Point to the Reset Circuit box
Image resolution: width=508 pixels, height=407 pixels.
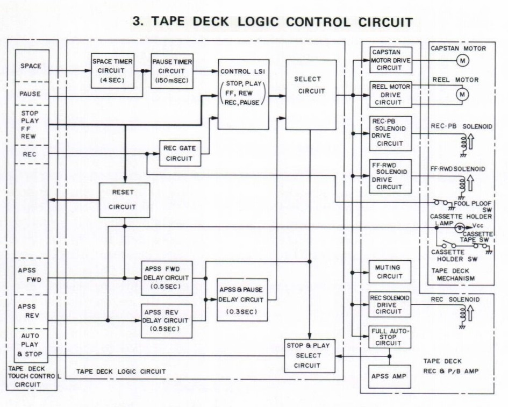pyautogui.click(x=124, y=200)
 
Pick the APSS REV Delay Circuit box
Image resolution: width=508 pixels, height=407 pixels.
pyautogui.click(x=167, y=321)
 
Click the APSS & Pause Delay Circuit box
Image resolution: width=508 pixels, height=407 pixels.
pyautogui.click(x=241, y=299)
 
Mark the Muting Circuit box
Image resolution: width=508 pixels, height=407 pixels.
pyautogui.click(x=390, y=272)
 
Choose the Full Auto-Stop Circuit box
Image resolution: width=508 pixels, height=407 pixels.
pyautogui.click(x=390, y=337)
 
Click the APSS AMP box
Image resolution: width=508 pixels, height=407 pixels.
pyautogui.click(x=387, y=376)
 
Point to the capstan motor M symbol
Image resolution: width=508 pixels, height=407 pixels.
pyautogui.click(x=462, y=61)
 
